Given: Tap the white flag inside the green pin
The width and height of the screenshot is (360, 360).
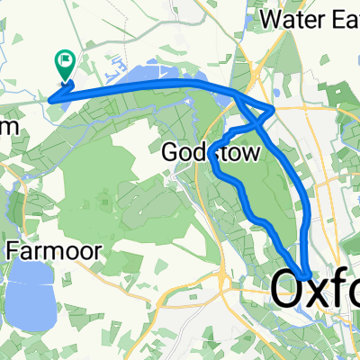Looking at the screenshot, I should (65, 60).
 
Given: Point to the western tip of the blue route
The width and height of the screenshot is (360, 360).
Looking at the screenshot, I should (49, 99).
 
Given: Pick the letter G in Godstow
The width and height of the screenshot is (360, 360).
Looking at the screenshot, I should (169, 154).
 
